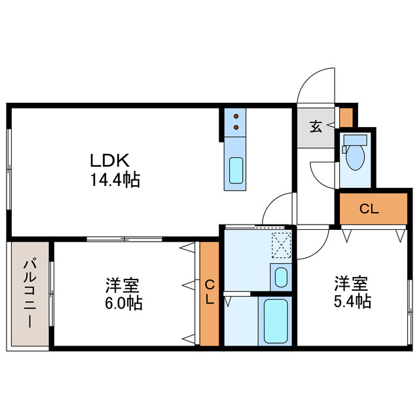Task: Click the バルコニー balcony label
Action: pos(29,295)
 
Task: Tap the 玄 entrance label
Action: pos(316,126)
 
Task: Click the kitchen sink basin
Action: pos(236,171)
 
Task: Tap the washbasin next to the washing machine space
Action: pos(280,277)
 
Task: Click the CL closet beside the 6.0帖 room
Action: pos(209,293)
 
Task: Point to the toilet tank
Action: pos(354,139)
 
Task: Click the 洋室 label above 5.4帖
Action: pos(352,284)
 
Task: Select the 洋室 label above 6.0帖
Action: pos(122,286)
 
